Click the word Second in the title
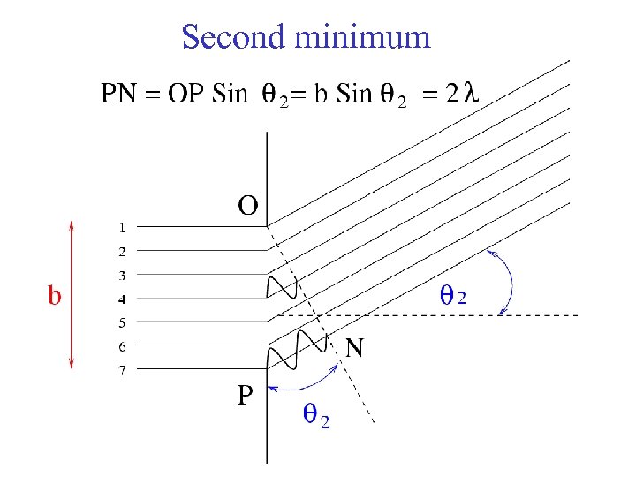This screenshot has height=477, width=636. [234, 37]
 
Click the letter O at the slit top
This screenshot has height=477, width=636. [248, 206]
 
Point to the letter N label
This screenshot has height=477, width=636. [354, 349]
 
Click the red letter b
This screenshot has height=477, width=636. [55, 295]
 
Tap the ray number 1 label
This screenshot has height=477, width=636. [123, 227]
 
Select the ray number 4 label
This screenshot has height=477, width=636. [123, 299]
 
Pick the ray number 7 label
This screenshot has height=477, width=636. [123, 371]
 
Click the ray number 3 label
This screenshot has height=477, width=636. [123, 275]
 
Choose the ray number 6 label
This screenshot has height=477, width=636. [123, 347]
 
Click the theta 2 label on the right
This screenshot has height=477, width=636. [452, 297]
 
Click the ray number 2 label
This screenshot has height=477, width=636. [123, 251]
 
